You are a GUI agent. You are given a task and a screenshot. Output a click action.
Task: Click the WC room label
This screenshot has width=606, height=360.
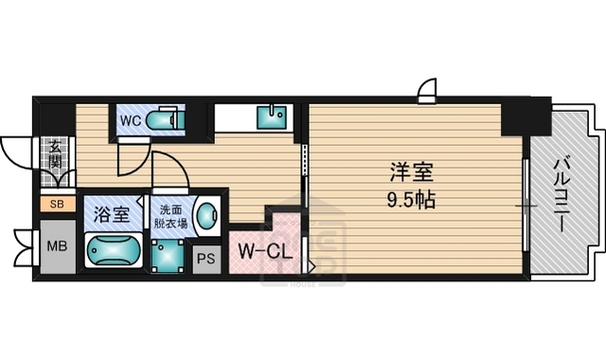tap(130, 120)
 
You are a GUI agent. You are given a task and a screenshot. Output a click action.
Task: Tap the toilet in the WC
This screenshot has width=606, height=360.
tap(165, 120)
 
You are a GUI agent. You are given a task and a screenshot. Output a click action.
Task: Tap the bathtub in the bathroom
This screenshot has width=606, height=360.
tap(113, 251)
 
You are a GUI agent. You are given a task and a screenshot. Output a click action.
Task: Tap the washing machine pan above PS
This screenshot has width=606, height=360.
tap(170, 254)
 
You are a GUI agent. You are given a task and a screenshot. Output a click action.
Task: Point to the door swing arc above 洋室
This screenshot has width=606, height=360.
tap(428, 90)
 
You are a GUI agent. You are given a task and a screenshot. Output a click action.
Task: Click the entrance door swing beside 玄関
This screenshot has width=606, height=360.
tap(17, 152)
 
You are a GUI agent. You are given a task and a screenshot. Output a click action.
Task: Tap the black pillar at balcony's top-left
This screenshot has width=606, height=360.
tap(525, 117)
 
